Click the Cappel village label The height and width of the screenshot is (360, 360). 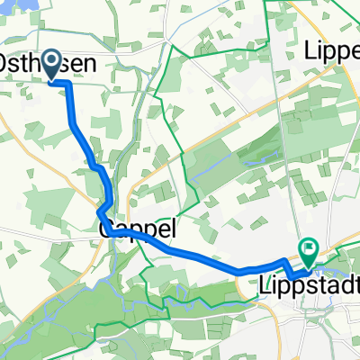[x=135, y=228]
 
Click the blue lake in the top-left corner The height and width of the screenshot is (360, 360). [x=8, y=5]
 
